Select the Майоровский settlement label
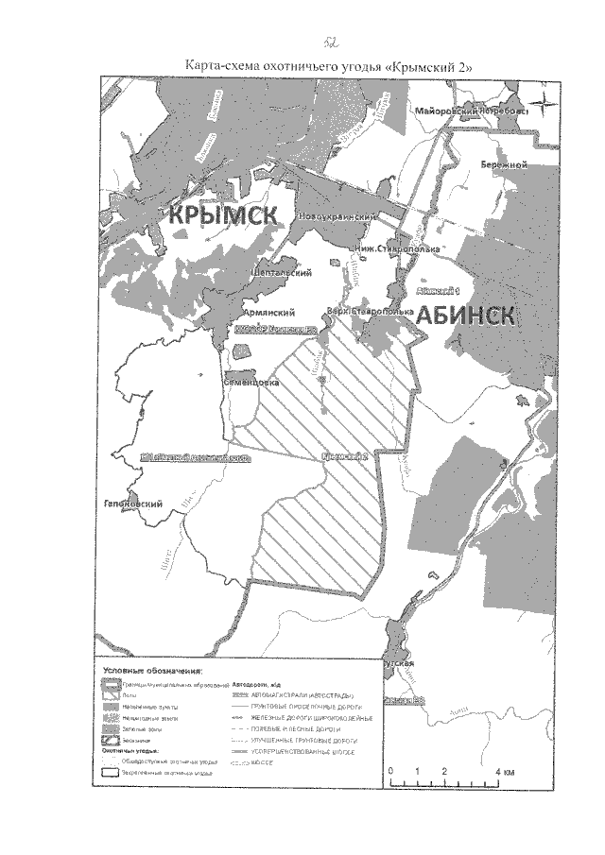(x=449, y=111)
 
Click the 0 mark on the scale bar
(x=389, y=771)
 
